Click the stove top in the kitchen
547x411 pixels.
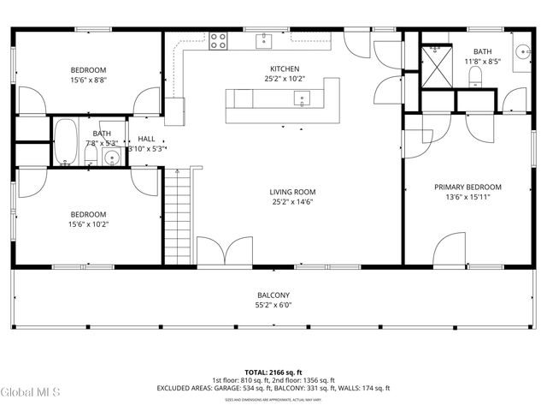coord(218,39)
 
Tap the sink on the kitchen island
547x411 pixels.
coord(302,98)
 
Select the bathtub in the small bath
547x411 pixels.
coord(66,142)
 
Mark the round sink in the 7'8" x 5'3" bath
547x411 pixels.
coord(110,158)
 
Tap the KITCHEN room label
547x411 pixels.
coord(285,68)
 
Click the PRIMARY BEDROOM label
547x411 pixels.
coord(468,187)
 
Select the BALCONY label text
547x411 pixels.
coord(273,295)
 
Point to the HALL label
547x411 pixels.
coord(146,139)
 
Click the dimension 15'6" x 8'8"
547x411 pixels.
coord(88,80)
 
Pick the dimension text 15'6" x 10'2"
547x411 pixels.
coord(88,224)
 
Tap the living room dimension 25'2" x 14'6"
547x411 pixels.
coord(293,203)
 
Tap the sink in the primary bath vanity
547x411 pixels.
coord(522,47)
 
